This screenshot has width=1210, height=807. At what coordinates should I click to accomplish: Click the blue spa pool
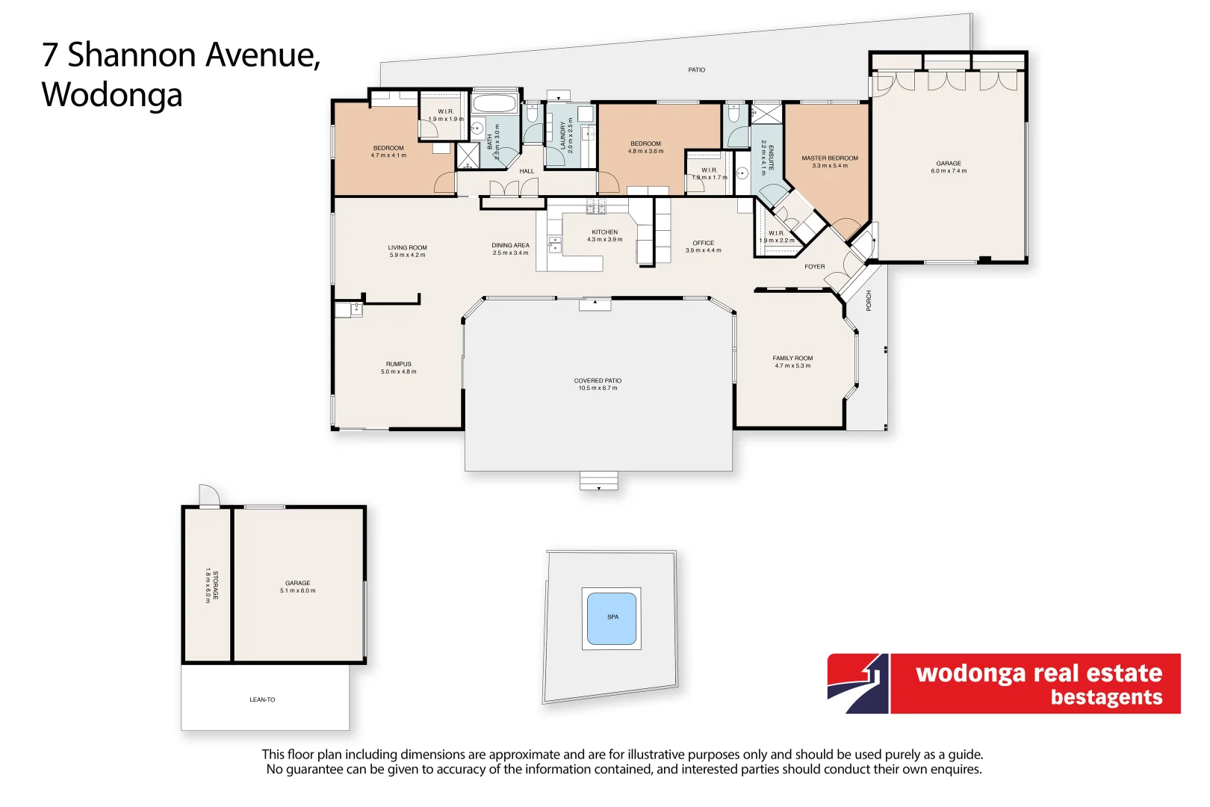[x=612, y=619]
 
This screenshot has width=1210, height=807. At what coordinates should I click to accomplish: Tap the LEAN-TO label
[x=262, y=700]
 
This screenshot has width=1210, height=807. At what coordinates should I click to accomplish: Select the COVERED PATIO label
[x=598, y=380]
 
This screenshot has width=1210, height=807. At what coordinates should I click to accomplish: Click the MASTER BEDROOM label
[x=830, y=158]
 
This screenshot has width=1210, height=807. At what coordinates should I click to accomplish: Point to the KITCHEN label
[x=604, y=232]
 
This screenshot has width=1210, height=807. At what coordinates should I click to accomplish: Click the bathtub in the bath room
[x=495, y=103]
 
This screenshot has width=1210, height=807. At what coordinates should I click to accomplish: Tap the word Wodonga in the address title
[x=112, y=95]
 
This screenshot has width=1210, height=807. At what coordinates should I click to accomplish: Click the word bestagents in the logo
[x=1106, y=697]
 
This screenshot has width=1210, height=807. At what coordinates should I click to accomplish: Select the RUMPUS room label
[x=398, y=364]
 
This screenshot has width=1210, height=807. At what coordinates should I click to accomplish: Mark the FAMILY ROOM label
[x=792, y=358]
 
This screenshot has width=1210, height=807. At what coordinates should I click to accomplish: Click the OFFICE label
[x=703, y=243]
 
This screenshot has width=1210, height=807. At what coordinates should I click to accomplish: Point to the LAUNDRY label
[x=562, y=137]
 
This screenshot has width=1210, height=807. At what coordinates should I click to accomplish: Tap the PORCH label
[x=869, y=300]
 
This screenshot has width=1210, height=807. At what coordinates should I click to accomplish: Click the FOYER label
[x=814, y=267]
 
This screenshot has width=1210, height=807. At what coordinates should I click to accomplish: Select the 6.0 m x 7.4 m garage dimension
[x=948, y=171]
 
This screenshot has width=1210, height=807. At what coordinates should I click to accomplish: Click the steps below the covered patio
[x=599, y=480]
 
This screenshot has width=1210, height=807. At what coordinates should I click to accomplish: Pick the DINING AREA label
[x=510, y=245]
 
